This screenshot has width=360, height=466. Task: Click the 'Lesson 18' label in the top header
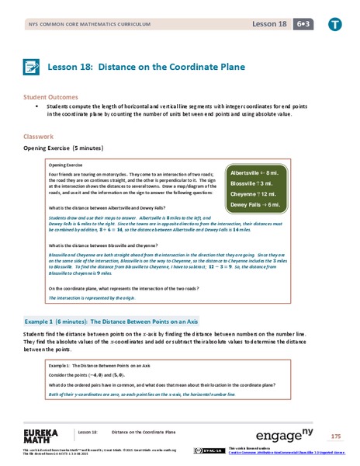tap(268, 23)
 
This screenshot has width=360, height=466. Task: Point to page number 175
tap(335, 435)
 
